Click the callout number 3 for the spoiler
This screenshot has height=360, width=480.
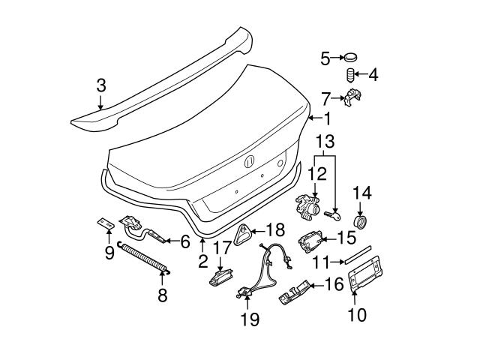pos(101,85)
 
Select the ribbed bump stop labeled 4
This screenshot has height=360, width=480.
pos(350,75)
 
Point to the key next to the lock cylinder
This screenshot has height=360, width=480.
pos(333,216)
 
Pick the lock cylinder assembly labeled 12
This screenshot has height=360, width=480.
pos(307,208)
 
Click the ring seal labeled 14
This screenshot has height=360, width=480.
pos(361,222)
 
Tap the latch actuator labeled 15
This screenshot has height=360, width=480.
pos(310,241)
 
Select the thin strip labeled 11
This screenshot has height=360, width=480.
pos(358,254)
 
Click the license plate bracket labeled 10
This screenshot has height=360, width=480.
pos(365,273)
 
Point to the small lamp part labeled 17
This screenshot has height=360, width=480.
pos(220,277)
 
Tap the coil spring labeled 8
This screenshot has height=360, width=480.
pos(143,256)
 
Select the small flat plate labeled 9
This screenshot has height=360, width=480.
pos(106,223)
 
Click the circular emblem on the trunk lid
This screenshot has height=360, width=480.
pos(250,162)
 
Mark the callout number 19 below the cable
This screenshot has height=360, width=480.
pos(250,319)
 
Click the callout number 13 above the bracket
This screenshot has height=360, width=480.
pos(325,142)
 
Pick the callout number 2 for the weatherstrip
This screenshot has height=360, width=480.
pos(202,261)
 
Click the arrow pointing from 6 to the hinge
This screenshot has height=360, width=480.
pos(172,241)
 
